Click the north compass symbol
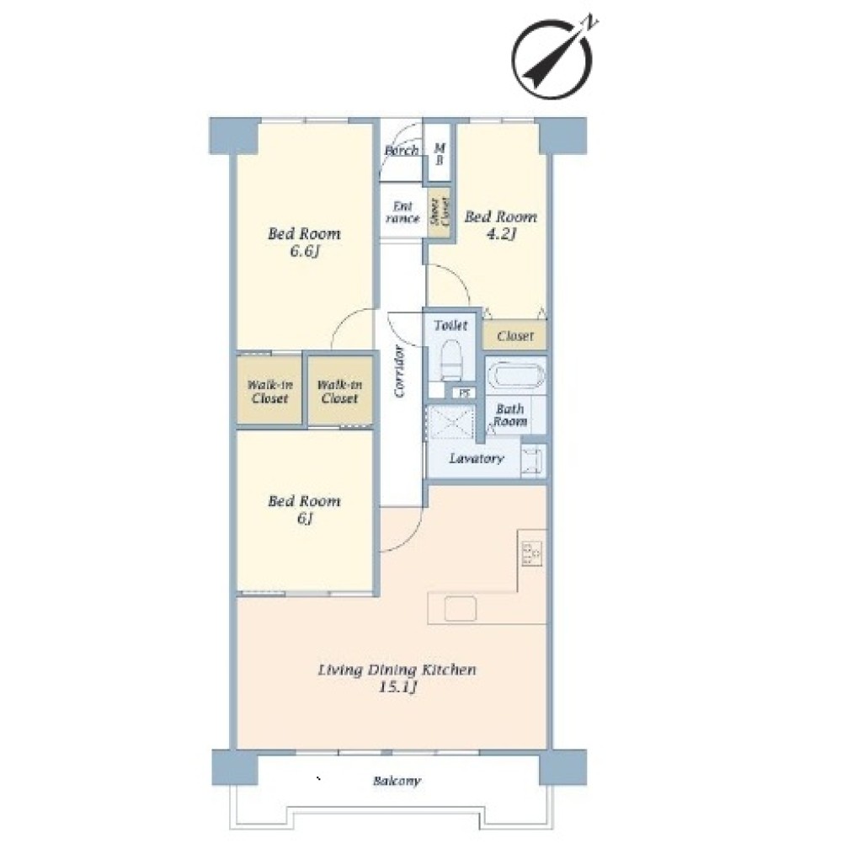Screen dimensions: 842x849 [552, 60]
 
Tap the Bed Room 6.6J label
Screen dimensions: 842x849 [304, 242]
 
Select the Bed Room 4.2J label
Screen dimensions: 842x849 [500, 225]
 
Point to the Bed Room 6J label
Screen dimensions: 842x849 [304, 509]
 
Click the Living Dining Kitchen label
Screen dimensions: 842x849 [397, 679]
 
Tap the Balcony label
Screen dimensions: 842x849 [397, 781]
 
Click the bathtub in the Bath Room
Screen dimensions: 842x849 [515, 375]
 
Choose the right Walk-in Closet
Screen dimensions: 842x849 [340, 390]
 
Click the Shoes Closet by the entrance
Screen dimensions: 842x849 [439, 212]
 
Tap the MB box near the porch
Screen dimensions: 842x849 [440, 153]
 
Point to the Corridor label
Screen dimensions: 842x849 [399, 371]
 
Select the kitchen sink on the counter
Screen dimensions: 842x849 [460, 609]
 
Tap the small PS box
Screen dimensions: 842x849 [464, 393]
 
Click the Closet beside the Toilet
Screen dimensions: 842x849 [514, 336]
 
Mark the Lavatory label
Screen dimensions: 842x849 [477, 458]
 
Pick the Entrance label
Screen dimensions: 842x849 [402, 212]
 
